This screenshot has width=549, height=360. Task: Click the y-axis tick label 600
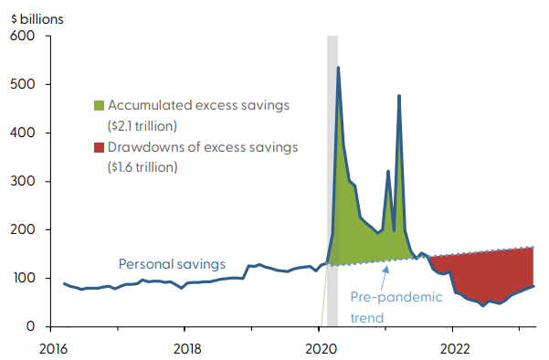click(22, 37)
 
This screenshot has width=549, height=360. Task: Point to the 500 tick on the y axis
click(22, 85)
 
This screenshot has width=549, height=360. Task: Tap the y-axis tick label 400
click(22, 133)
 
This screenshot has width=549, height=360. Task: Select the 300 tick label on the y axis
click(22, 182)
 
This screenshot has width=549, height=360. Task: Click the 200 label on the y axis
click(22, 230)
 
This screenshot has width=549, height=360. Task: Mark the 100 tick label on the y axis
click(22, 279)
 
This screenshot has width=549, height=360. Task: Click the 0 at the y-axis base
click(30, 327)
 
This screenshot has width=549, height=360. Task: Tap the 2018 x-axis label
click(185, 348)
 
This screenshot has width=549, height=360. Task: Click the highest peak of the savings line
click(338, 68)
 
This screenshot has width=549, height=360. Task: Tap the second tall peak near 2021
click(399, 96)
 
